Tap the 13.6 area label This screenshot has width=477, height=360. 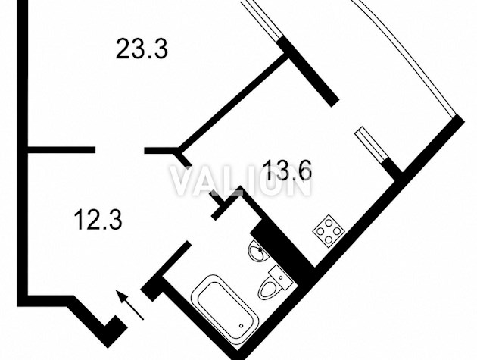pos(288,171)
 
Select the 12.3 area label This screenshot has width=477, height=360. pos(98,219)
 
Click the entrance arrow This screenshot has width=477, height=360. pos(130,305)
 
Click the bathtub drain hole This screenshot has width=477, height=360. pos(242,326)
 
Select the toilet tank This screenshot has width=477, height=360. pos(280,277)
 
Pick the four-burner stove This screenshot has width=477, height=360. pos(329,230)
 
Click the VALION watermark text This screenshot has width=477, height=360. pos(240,180)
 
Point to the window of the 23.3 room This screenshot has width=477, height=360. pos(262,20)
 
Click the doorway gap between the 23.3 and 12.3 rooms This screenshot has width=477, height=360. pos(120,150)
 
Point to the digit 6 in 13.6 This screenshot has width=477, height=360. pos(304,171)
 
